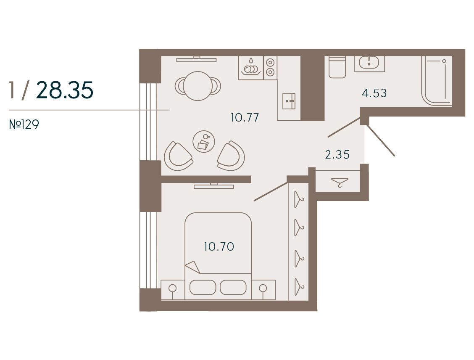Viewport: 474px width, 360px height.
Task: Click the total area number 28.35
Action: (65, 90)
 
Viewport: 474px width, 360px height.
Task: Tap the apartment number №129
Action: (24, 124)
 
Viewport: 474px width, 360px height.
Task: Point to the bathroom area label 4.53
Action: (374, 93)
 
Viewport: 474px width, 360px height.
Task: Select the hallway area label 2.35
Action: (337, 155)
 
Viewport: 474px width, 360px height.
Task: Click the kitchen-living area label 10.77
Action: (245, 117)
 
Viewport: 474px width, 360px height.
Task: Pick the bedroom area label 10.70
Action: (219, 246)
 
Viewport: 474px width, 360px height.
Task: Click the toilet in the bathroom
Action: (337, 67)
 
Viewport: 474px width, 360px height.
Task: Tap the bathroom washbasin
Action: (369, 63)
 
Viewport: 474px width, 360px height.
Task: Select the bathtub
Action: (437, 81)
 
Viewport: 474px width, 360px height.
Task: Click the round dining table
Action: (198, 86)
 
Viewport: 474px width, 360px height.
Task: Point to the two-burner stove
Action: (270, 68)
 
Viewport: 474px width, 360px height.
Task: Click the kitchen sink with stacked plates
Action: (251, 68)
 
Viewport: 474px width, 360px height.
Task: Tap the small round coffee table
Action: (204, 141)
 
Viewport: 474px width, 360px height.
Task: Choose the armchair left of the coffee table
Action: (178, 156)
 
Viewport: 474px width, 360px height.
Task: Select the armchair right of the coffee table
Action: (231, 156)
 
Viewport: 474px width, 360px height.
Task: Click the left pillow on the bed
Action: (203, 287)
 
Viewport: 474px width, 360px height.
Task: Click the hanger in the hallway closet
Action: (340, 183)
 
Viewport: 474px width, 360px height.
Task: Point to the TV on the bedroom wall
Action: (214, 186)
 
